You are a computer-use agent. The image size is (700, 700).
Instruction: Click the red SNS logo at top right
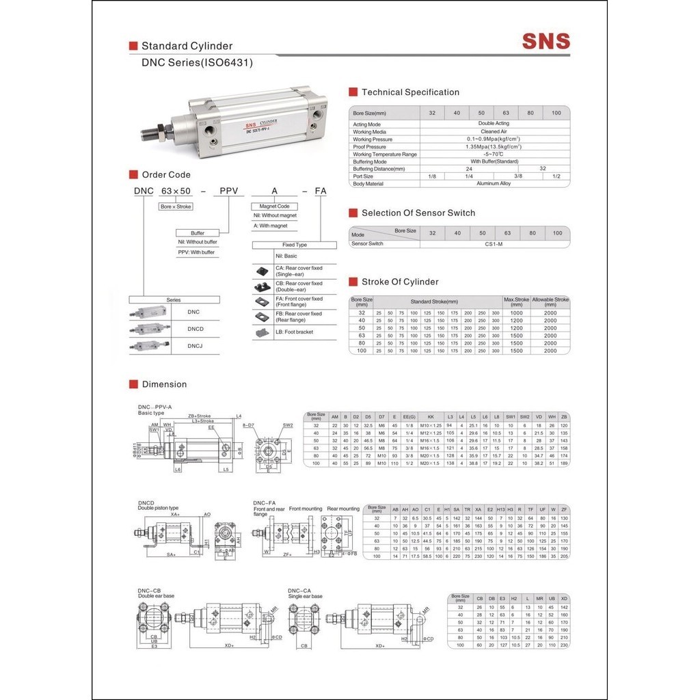pos(546,41)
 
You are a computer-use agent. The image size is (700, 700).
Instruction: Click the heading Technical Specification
pos(410,92)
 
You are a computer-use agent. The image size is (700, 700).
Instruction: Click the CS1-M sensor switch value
pos(494,243)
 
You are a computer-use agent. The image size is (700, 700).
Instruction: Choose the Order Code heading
pos(166,175)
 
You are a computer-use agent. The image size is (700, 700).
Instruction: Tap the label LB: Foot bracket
pos(294,332)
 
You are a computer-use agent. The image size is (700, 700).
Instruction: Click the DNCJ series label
pos(195,346)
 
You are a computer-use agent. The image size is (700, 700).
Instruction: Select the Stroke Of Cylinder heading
pos(400,282)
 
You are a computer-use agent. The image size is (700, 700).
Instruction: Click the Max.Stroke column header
pos(516,300)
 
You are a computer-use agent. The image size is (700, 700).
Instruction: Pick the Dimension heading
pos(164,384)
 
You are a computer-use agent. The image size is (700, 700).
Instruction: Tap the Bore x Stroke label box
pos(176,206)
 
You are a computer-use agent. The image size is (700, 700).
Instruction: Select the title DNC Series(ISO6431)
pos(197,62)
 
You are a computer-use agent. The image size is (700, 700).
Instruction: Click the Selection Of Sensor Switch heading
pos(418,213)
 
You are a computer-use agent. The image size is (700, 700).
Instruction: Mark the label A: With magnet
pos(271,226)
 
